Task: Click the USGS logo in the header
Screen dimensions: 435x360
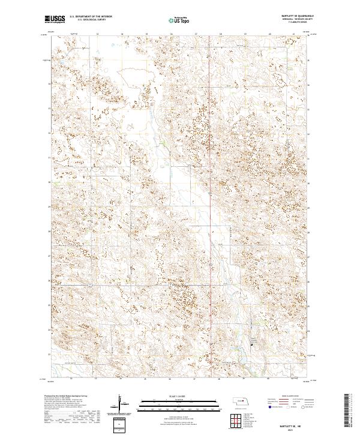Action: [55, 19]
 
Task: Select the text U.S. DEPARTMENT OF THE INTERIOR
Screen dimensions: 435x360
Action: [91, 17]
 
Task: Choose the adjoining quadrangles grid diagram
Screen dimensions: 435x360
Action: [236, 419]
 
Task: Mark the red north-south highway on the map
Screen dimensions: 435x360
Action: [209, 180]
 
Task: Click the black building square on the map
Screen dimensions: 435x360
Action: [251, 344]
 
